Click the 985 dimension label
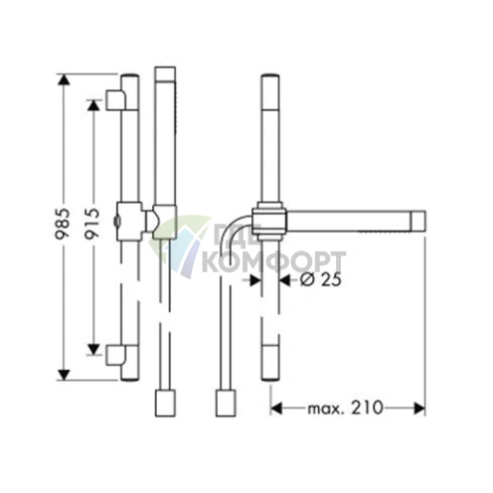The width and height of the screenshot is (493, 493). [64, 224]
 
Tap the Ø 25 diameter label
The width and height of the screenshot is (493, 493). [321, 280]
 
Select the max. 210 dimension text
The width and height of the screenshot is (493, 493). [345, 408]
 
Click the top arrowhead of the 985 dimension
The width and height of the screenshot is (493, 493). [64, 81]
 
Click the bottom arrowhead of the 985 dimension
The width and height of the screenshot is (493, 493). [64, 375]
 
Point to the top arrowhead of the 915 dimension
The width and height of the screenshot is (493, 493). [93, 105]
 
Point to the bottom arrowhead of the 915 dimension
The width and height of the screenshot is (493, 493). [93, 349]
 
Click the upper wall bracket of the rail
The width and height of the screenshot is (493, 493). [115, 99]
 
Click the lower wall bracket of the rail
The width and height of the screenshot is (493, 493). [115, 355]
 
